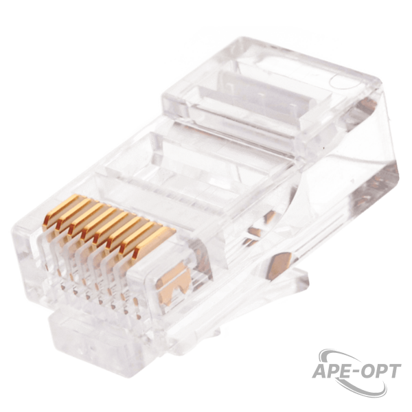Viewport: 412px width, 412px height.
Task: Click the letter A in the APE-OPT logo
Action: point(321,371)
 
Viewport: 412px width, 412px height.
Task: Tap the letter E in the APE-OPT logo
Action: point(347,371)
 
